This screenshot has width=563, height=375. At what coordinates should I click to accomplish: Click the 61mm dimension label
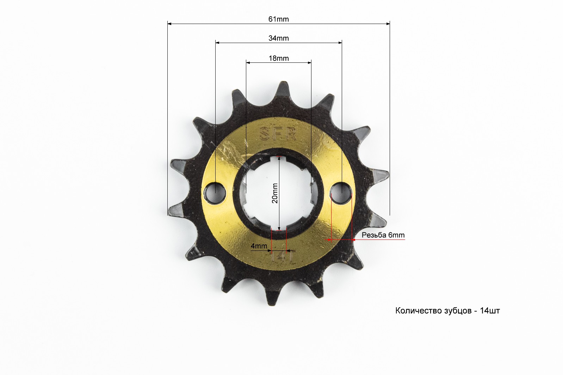[278, 19]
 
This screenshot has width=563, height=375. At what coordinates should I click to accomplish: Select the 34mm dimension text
[278, 38]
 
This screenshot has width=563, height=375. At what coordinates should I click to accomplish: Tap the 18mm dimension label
[279, 59]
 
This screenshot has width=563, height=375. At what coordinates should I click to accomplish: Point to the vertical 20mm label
[275, 193]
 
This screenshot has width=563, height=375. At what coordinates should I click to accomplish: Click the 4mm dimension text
[259, 246]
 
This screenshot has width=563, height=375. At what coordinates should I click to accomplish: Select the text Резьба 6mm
[383, 235]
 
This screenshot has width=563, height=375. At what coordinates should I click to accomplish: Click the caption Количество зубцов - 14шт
[448, 310]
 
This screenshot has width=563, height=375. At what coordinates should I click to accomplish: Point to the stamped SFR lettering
[278, 134]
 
